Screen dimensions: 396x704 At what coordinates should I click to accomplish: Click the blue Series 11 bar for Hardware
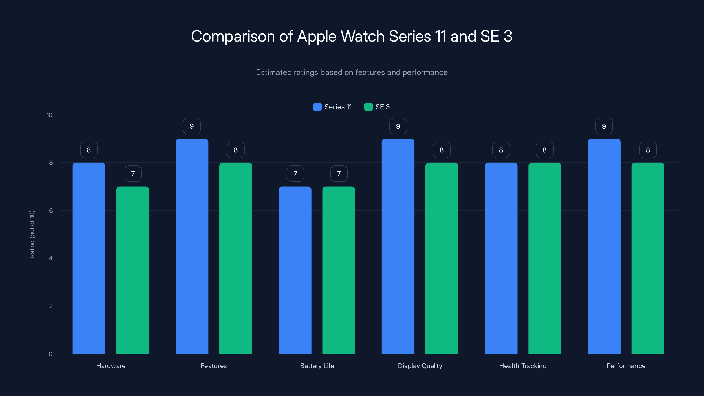tap(89, 258)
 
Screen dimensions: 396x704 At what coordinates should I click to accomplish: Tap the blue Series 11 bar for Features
tap(192, 246)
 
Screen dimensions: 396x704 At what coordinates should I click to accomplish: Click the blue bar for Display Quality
tap(398, 246)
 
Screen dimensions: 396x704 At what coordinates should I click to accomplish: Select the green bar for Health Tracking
tap(545, 258)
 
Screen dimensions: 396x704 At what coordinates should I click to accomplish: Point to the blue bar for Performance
tap(604, 246)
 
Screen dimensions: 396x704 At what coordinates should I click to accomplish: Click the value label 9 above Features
tap(192, 126)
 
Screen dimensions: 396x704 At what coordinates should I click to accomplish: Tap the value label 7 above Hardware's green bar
tap(133, 174)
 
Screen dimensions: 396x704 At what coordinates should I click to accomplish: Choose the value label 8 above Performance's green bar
tap(648, 150)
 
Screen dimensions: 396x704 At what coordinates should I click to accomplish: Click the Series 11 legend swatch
tap(317, 107)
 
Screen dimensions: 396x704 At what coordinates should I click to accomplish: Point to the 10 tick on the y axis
tap(49, 115)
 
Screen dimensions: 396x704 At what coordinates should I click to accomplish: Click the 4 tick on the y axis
tap(51, 258)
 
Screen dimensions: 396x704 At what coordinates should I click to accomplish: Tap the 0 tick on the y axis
tap(51, 354)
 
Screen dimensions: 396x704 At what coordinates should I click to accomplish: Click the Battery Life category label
tap(317, 366)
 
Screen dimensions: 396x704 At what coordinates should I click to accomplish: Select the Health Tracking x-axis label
tap(522, 366)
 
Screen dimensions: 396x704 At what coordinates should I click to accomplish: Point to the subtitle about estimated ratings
tap(352, 72)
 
